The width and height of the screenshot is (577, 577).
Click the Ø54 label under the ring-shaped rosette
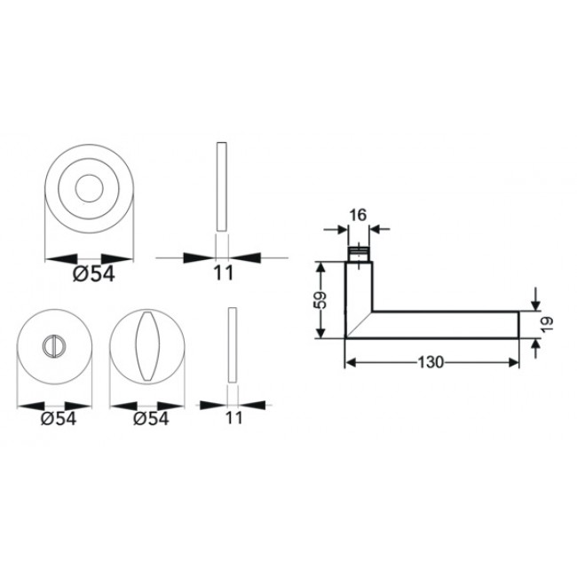[93, 274]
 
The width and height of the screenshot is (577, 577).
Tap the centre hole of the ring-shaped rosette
[89, 189]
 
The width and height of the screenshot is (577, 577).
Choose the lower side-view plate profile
[233, 345]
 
